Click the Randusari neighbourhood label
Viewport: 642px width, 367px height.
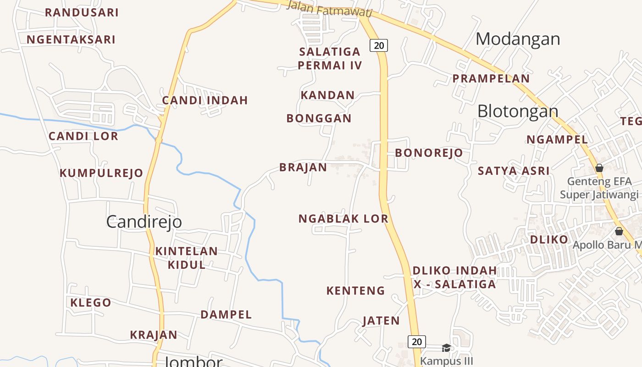point(82,12)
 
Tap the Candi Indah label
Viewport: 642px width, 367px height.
point(205,100)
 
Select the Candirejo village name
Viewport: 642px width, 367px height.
point(144,222)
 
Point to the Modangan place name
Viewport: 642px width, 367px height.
point(518,39)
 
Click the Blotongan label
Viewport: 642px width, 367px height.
point(518,111)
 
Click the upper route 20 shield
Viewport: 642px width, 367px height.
point(379,45)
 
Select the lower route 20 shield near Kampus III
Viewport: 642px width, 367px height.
point(416,341)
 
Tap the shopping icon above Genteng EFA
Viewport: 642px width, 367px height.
point(599,168)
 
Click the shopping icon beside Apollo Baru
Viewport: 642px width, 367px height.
point(619,231)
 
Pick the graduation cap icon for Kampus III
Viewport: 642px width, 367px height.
point(446,348)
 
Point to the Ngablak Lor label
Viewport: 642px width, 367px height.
point(343,219)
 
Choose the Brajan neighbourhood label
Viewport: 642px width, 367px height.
point(303,167)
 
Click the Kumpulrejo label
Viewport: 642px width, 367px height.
point(101,173)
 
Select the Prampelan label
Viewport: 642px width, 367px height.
point(491,78)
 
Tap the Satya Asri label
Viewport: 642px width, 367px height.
point(514,171)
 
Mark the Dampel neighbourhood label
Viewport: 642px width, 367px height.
point(226,315)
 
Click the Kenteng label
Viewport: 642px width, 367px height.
point(355,290)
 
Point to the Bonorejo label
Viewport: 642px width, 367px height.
point(429,153)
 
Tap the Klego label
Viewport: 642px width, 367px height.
point(91,303)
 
